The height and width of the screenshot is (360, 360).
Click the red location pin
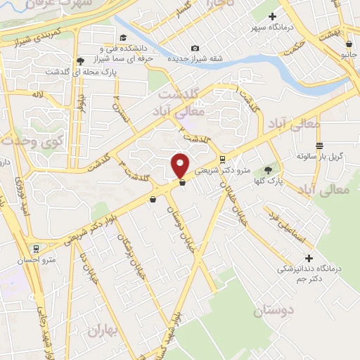(181, 165)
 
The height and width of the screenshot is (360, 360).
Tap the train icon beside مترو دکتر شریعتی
(222, 159)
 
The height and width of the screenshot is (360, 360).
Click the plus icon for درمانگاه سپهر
(273, 16)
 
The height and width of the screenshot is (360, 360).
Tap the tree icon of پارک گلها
(267, 170)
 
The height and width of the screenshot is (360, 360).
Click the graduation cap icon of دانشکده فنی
(124, 38)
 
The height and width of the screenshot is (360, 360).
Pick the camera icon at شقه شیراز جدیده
(195, 48)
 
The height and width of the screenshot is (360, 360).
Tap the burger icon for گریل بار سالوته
(320, 146)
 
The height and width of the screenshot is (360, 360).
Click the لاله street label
(38, 93)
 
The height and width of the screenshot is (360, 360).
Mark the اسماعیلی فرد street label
(289, 226)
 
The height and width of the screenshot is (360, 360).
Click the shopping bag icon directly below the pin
(182, 183)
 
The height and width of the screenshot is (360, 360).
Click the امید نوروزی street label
(24, 202)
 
